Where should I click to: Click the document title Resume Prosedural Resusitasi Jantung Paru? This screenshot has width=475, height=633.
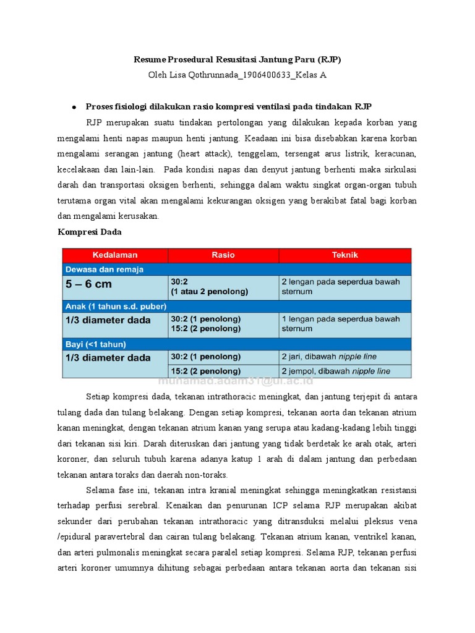pos(237,60)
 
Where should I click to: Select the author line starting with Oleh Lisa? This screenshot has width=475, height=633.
pos(237,75)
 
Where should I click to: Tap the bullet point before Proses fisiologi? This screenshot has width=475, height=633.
pos(74,106)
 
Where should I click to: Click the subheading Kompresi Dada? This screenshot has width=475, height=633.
pos(90,232)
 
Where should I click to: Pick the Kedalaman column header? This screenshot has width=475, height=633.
pos(115,255)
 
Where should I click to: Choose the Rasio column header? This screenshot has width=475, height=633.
pos(223,255)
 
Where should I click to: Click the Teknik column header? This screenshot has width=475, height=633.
pos(344,255)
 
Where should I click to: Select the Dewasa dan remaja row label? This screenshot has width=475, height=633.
pos(105,270)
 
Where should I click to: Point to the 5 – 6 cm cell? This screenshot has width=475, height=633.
pos(89,285)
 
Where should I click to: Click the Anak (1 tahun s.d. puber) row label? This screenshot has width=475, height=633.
pos(116,306)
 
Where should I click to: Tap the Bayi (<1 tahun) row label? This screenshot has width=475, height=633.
pos(96,344)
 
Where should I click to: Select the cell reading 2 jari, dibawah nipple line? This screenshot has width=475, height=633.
pos(328,357)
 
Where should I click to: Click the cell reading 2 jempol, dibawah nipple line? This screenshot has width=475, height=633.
pos(335,371)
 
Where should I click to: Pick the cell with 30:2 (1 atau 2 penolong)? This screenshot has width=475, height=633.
pos(209,286)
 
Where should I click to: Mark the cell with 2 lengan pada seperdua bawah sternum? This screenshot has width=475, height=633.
pos(340,286)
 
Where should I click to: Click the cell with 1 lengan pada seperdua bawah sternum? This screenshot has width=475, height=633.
pos(340,324)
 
